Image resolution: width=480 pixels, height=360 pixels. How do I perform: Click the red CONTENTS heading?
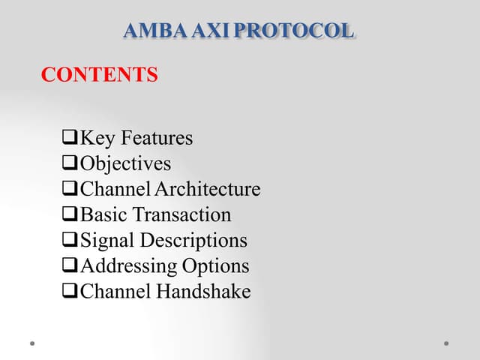click(99, 75)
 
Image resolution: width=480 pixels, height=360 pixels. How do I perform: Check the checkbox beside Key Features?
click(70, 139)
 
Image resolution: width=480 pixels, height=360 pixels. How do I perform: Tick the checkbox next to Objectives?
click(70, 164)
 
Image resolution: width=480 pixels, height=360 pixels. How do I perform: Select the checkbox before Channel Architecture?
click(70, 190)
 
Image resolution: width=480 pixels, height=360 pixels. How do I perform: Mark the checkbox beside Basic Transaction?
click(70, 215)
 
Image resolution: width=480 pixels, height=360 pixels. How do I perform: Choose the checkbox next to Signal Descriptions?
click(70, 241)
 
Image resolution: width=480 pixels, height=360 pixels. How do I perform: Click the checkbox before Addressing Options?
click(70, 266)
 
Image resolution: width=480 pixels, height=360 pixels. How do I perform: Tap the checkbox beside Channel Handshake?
click(70, 292)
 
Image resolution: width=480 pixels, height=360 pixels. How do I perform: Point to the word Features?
click(157, 139)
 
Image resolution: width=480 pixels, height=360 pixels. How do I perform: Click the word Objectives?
click(125, 164)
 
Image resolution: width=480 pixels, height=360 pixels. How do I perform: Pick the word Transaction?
click(182, 215)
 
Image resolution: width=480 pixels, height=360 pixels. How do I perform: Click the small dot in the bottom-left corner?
click(32, 343)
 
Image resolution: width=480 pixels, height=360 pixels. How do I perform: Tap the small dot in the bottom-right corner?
click(446, 343)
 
